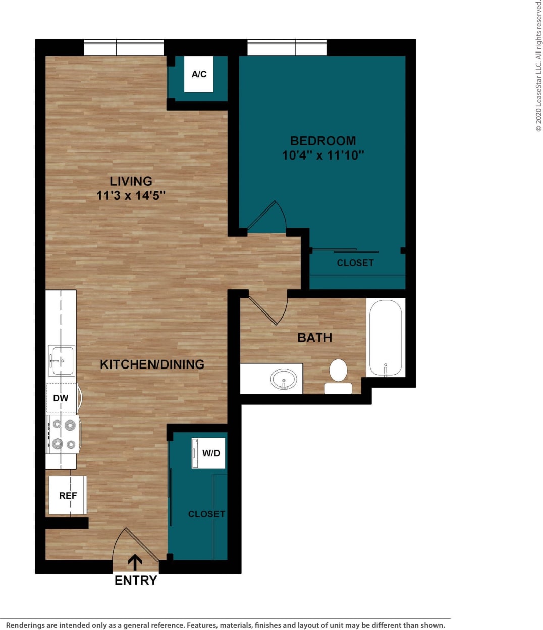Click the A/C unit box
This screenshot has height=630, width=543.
click(x=198, y=74)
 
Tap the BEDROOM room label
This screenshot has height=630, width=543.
click(x=323, y=141)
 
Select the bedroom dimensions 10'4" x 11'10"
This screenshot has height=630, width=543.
click(x=323, y=155)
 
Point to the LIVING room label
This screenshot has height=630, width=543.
click(x=131, y=181)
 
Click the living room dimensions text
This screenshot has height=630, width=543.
click(x=131, y=195)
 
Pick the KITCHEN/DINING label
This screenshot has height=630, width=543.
click(x=152, y=364)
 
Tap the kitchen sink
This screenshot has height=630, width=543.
click(x=62, y=360)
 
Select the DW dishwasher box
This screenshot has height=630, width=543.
click(x=61, y=398)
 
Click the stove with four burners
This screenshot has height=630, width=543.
click(x=64, y=434)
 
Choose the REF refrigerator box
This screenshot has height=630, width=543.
click(x=68, y=495)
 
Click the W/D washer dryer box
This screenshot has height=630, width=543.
click(x=208, y=453)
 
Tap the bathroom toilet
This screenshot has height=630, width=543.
click(x=338, y=376)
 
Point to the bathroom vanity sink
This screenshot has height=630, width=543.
click(x=284, y=379)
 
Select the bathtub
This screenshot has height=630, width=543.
click(x=386, y=338)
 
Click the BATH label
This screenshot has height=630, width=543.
click(x=314, y=337)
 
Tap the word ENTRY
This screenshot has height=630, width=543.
click(x=136, y=581)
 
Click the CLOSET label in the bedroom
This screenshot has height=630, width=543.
click(x=355, y=262)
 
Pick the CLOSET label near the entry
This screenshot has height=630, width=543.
click(x=206, y=514)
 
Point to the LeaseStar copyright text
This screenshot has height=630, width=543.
click(x=538, y=66)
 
